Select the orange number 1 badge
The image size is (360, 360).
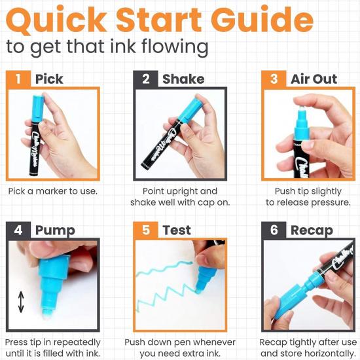(x=18, y=79)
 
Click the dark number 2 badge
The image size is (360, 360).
(x=145, y=79)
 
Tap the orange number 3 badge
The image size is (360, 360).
(x=273, y=79)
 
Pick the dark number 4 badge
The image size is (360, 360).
(x=18, y=230)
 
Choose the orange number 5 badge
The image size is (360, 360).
(x=145, y=230)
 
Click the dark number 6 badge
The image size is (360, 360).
(x=273, y=230)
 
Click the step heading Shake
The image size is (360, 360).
(x=183, y=79)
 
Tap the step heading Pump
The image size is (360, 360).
(x=54, y=230)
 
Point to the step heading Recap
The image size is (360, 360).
(x=312, y=230)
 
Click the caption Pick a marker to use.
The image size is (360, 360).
(x=52, y=191)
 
